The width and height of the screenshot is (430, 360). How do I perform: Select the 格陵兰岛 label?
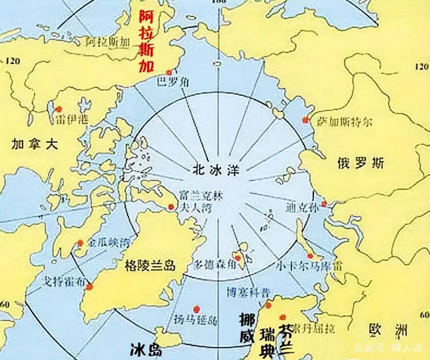150,265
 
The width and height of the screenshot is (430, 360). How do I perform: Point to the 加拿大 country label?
35,144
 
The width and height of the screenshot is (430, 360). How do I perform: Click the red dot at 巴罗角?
169,72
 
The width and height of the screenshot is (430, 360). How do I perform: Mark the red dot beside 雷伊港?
59,109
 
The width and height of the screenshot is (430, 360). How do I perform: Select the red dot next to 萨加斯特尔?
305,119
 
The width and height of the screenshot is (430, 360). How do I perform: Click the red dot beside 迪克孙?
324,204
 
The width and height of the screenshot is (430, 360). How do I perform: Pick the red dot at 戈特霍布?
90,287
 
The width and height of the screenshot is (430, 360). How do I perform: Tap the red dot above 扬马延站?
197,308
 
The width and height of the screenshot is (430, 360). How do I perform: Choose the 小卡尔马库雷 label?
309,266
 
